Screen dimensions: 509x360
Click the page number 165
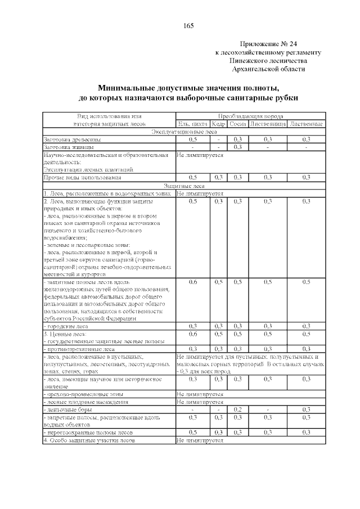click(x=188, y=26)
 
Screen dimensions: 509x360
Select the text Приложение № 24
click(x=268, y=44)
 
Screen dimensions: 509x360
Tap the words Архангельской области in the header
click(x=269, y=69)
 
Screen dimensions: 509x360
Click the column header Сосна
click(x=238, y=123)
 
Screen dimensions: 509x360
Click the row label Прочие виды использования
click(x=82, y=178)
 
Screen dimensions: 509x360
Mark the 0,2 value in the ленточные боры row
click(x=238, y=409)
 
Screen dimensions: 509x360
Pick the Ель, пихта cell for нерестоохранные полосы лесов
click(x=193, y=433)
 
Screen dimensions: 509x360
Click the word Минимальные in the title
click(x=124, y=88)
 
